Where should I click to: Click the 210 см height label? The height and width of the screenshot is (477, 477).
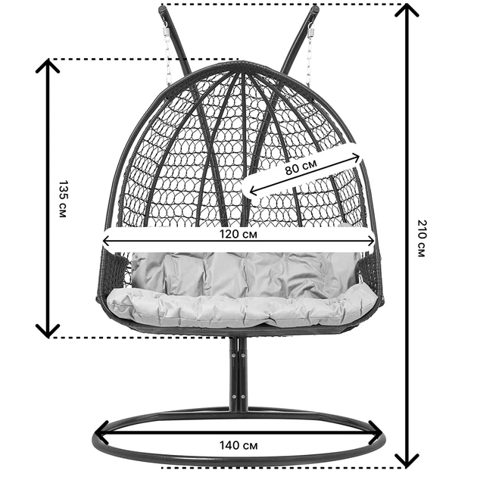(x=421, y=238)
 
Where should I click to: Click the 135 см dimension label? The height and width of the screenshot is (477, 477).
(x=63, y=199)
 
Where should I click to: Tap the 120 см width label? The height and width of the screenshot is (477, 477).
(x=238, y=234)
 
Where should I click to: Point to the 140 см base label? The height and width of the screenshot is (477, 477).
(x=238, y=445)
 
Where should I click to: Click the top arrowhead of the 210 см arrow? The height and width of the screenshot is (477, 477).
(x=407, y=9)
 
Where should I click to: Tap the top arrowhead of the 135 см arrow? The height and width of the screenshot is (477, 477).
(x=48, y=64)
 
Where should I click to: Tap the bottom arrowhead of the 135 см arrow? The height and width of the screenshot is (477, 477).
(x=48, y=332)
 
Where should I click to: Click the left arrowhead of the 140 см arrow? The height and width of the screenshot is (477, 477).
(x=101, y=432)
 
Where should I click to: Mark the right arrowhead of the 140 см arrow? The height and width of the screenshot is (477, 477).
(x=376, y=432)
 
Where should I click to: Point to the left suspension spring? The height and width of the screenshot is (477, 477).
(x=166, y=31)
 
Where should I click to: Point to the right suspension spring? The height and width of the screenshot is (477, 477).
(x=311, y=31)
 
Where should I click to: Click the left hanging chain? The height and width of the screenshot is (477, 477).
(x=167, y=61)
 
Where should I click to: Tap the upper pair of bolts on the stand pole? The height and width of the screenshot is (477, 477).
(x=238, y=354)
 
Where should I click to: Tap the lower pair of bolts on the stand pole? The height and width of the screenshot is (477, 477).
(x=238, y=397)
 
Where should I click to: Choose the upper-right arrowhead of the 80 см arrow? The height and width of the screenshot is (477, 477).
(x=357, y=157)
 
